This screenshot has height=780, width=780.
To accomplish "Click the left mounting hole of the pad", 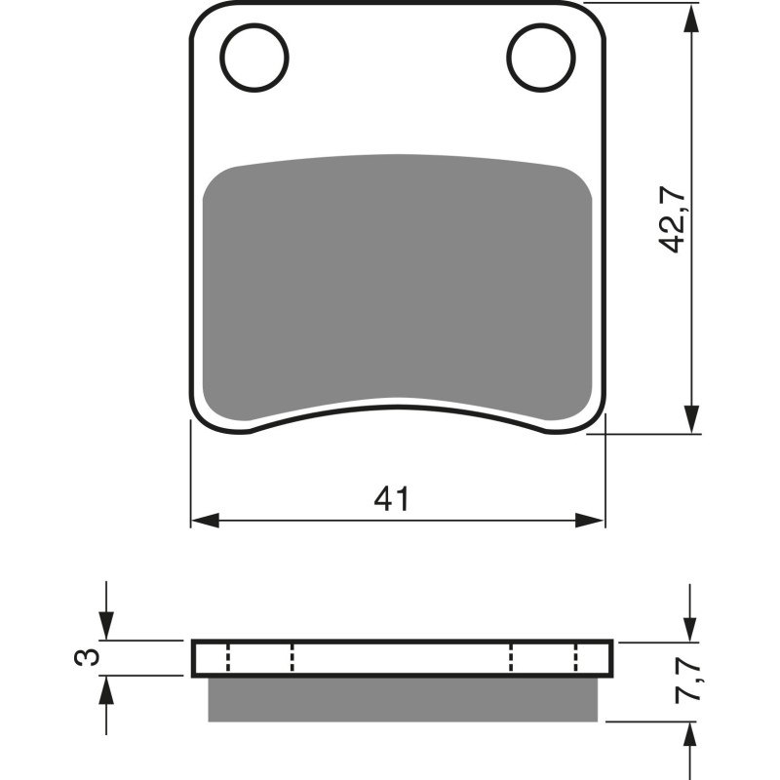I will pyautogui.click(x=255, y=53).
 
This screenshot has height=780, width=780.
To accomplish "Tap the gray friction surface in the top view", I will pyautogui.click(x=397, y=283).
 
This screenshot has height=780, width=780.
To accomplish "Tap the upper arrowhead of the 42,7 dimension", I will pyautogui.click(x=690, y=19).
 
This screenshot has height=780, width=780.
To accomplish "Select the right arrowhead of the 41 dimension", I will pyautogui.click(x=591, y=520).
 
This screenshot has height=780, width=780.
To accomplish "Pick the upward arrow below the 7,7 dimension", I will pyautogui.click(x=690, y=736).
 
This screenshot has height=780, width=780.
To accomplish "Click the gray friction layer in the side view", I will pyautogui.click(x=403, y=699).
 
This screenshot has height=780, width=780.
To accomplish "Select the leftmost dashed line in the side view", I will pyautogui.click(x=227, y=658).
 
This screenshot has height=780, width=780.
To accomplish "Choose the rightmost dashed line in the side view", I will pyautogui.click(x=576, y=658).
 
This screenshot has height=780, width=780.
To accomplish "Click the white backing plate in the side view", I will pyautogui.click(x=402, y=658).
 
